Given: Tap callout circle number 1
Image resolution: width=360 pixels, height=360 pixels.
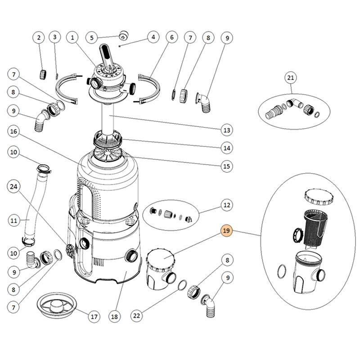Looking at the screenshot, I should [x=72, y=38].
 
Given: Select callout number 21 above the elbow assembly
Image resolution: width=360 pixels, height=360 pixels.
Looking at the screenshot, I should [x=291, y=78].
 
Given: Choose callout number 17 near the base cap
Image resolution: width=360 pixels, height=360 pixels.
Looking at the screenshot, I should [x=93, y=316].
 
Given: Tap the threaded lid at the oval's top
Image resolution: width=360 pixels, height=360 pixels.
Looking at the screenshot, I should [x=318, y=198].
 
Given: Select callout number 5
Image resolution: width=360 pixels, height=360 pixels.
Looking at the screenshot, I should [x=92, y=38].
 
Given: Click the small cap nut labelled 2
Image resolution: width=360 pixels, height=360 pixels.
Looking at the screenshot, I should [x=45, y=73].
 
